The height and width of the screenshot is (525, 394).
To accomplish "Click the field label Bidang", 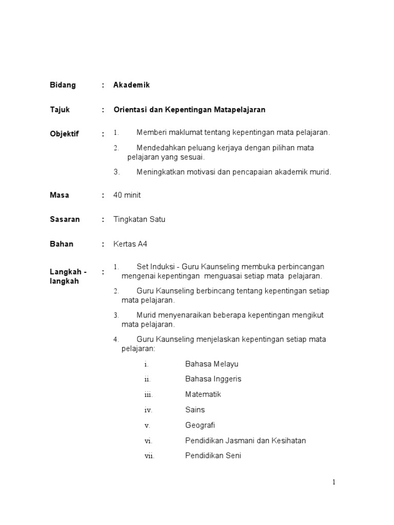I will [63, 85].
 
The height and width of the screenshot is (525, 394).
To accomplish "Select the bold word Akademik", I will [131, 85].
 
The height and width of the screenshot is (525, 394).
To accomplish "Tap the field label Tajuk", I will [60, 110].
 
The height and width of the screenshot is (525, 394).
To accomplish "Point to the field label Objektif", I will [64, 134].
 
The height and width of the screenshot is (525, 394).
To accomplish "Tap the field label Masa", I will [60, 195].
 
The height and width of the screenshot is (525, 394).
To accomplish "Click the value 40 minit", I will [127, 195].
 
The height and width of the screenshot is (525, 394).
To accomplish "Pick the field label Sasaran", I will [65, 219].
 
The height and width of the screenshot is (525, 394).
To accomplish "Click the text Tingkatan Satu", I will [139, 219].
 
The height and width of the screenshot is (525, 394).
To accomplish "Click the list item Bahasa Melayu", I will [211, 364].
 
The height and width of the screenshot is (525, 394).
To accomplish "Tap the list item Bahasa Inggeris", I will [213, 379].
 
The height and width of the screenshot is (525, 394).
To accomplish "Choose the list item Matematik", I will [203, 394].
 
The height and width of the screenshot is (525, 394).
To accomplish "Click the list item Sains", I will [195, 410].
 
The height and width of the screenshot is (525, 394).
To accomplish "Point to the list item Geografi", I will [200, 425].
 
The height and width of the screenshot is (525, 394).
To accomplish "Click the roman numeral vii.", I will [149, 456].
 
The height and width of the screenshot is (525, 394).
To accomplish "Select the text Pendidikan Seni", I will [213, 455].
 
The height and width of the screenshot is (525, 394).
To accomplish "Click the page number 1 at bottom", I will [334, 482].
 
